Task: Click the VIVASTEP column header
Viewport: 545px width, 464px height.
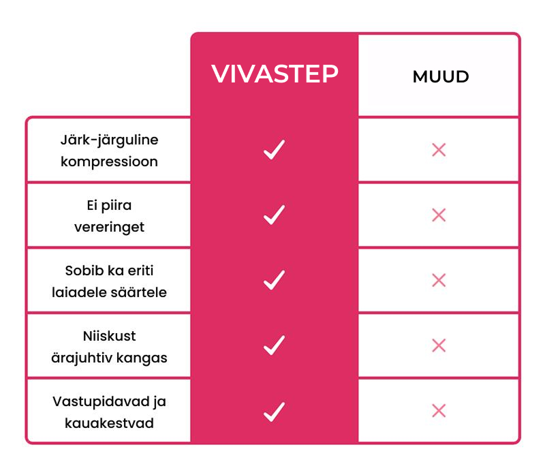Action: coord(275,74)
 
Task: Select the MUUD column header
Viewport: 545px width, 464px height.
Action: coord(441,76)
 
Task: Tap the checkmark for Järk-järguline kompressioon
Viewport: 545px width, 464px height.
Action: coord(275,149)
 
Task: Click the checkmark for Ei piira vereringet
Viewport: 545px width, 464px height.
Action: coord(275,215)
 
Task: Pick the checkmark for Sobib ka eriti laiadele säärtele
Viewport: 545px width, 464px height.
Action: coord(275,280)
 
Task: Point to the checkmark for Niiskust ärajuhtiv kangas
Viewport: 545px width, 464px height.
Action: coord(275,345)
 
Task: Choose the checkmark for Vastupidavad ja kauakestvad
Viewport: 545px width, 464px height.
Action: coord(275,412)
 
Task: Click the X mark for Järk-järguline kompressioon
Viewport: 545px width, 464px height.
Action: coord(439,150)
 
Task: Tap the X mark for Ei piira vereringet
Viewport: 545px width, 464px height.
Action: coord(439,215)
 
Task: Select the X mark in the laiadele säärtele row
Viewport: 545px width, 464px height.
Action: coord(439,280)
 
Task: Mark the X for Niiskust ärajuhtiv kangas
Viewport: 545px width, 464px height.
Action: coord(439,345)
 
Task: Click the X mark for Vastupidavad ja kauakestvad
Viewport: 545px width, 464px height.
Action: coord(439,411)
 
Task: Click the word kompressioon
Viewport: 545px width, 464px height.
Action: coord(109,162)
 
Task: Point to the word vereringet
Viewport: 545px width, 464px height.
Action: coord(109,228)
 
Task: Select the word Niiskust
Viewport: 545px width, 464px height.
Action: coord(109,336)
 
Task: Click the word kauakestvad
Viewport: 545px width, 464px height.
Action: coord(109,423)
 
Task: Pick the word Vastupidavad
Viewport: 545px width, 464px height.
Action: coord(101,402)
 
